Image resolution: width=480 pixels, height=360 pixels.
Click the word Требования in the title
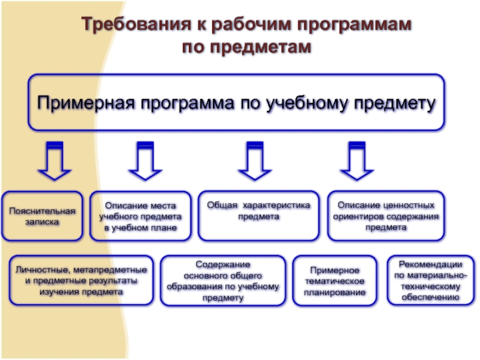(136, 24)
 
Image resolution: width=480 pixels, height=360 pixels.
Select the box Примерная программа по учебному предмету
(236, 102)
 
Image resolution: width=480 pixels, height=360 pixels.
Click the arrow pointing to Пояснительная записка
(55, 160)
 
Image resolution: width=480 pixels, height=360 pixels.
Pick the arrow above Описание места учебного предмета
(145, 160)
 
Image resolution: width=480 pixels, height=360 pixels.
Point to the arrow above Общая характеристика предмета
(254, 160)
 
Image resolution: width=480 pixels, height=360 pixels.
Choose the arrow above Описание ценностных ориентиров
(357, 160)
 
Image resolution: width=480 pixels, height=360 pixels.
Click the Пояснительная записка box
(42, 216)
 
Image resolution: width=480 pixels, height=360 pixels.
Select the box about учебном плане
(140, 216)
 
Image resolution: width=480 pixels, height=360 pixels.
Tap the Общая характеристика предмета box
(259, 216)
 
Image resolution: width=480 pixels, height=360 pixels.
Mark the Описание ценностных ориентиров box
(386, 216)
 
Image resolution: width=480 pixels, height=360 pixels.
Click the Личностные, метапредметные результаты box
(81, 280)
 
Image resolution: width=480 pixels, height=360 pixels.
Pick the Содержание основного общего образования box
(223, 280)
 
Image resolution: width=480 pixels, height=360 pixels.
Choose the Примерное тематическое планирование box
(335, 281)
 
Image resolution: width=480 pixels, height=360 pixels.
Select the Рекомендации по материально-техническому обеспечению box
(430, 280)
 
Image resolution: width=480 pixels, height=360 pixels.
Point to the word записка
(42, 222)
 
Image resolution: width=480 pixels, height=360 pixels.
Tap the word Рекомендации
(430, 264)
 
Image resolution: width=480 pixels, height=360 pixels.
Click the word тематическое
(335, 281)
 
